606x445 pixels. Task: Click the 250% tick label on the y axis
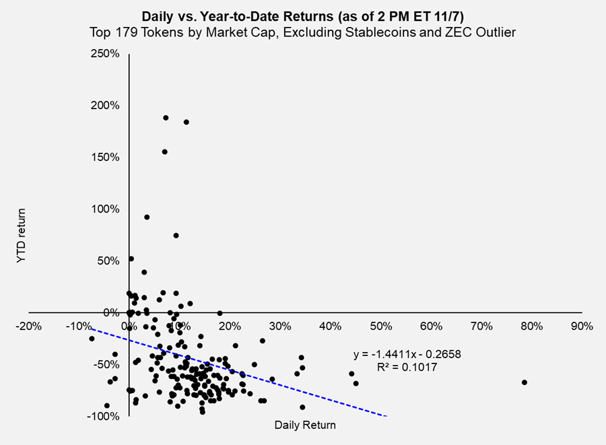click(x=106, y=54)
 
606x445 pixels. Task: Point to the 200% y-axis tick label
click(x=106, y=106)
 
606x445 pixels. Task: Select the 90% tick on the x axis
click(x=581, y=327)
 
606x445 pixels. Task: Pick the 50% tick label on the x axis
click(x=380, y=327)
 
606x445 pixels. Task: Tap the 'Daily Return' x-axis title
click(x=305, y=425)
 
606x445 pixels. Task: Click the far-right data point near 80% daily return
click(x=525, y=382)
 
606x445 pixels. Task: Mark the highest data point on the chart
click(x=166, y=118)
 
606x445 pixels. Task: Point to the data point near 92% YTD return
click(x=147, y=217)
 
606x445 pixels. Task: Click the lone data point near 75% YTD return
click(x=176, y=236)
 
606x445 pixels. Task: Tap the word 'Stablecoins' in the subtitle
click(x=374, y=31)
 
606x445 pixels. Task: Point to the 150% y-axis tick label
click(x=106, y=157)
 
